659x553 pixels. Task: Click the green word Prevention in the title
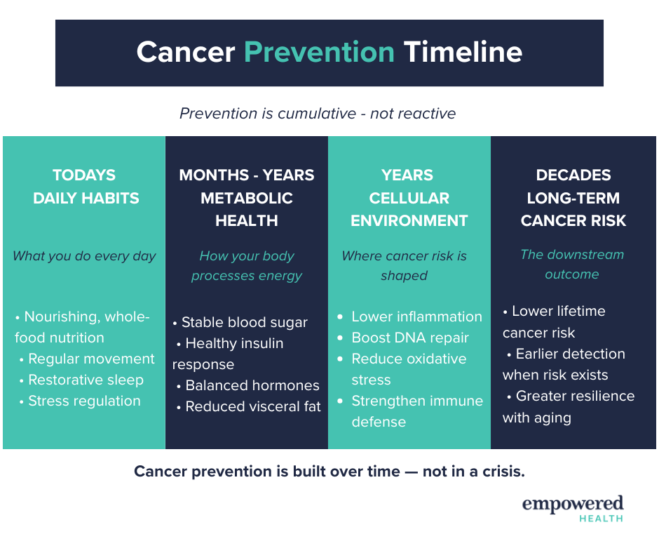(319, 52)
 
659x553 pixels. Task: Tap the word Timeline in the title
(463, 52)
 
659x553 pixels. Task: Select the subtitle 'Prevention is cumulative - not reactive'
(318, 114)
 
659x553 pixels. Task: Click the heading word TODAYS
(84, 175)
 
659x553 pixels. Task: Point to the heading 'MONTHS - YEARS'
(247, 175)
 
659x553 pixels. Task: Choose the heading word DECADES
(573, 175)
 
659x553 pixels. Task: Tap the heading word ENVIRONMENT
(409, 220)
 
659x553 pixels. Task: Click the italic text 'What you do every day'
(84, 256)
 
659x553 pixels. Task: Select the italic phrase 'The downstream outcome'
(572, 265)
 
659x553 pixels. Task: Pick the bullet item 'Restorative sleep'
(86, 380)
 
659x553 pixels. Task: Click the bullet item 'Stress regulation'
(84, 401)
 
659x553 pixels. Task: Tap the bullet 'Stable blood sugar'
(245, 322)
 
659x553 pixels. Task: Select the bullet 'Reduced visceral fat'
(253, 406)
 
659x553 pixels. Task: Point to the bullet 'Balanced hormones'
(252, 385)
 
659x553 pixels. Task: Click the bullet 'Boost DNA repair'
(410, 338)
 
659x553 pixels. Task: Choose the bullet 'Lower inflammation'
(417, 317)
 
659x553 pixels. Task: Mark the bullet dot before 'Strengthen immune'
(340, 401)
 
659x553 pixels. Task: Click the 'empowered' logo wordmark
(573, 504)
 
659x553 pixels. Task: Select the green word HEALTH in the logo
(601, 519)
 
